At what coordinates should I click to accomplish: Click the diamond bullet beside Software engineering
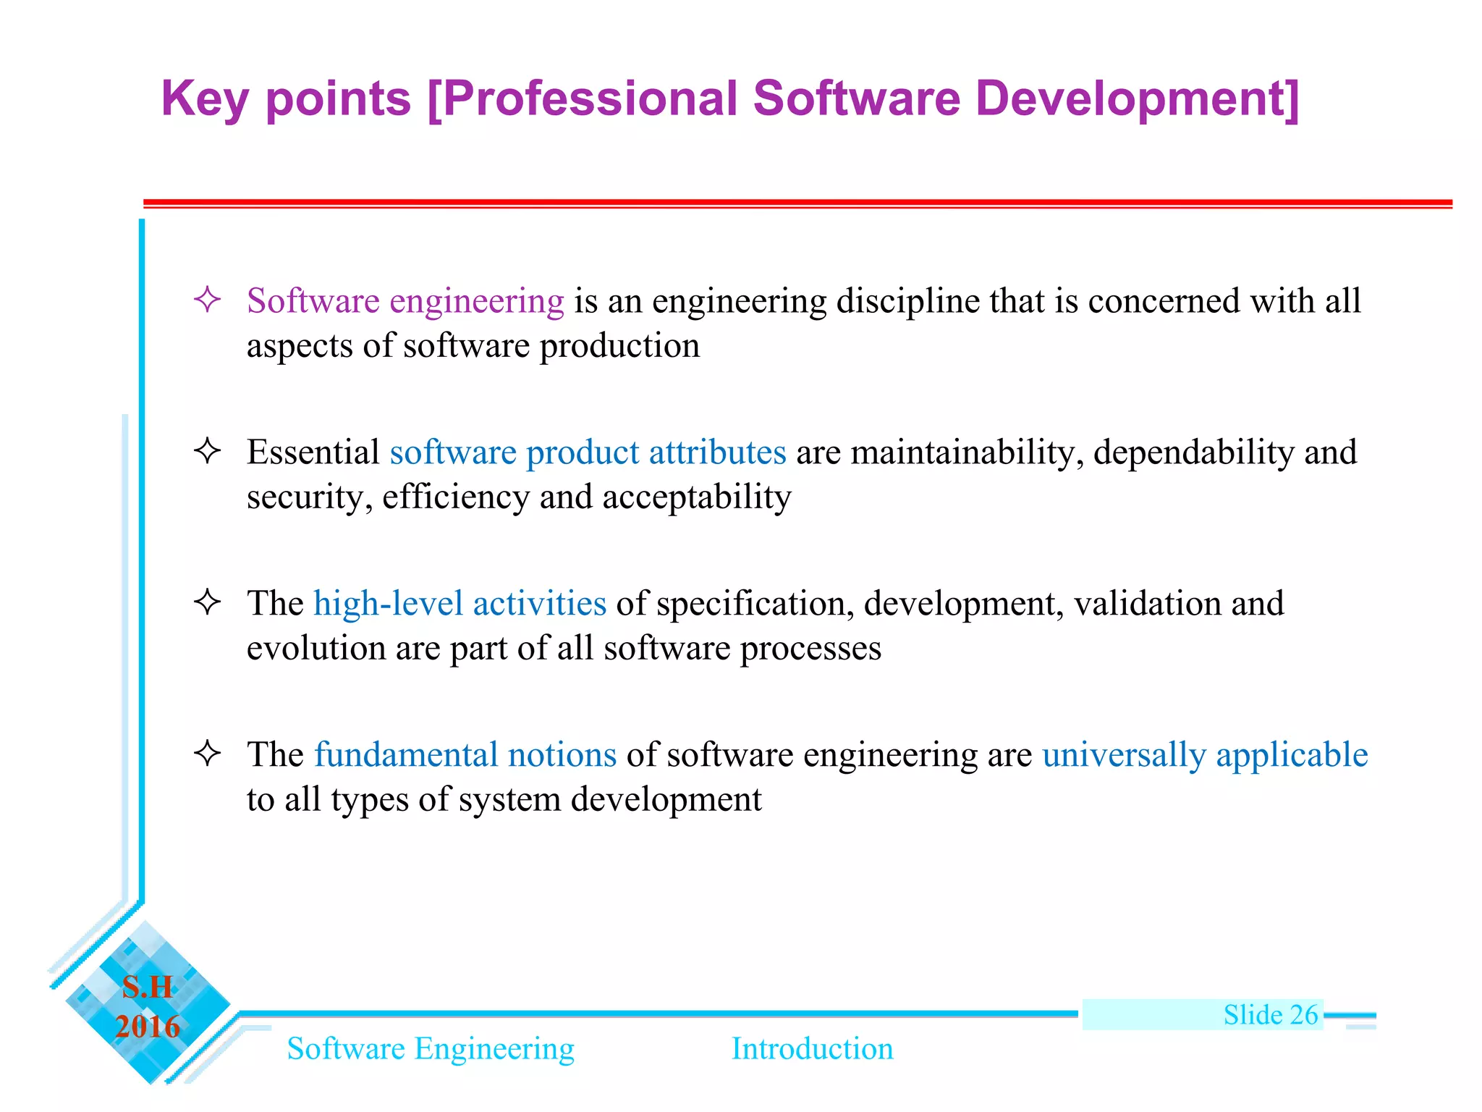pyautogui.click(x=207, y=300)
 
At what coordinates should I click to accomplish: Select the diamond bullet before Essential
pyautogui.click(x=207, y=451)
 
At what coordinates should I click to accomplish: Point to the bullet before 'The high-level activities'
pyautogui.click(x=207, y=602)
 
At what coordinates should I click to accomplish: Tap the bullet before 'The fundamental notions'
pyautogui.click(x=207, y=754)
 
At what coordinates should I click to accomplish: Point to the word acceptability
pyautogui.click(x=697, y=497)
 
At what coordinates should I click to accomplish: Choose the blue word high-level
pyautogui.click(x=388, y=604)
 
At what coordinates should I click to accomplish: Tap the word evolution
pyautogui.click(x=316, y=648)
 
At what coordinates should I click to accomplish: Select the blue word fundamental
pyautogui.click(x=406, y=755)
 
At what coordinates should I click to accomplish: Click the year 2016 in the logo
pyautogui.click(x=148, y=1027)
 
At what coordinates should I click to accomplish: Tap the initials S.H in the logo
pyautogui.click(x=148, y=987)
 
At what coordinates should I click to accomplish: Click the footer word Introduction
pyautogui.click(x=812, y=1048)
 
